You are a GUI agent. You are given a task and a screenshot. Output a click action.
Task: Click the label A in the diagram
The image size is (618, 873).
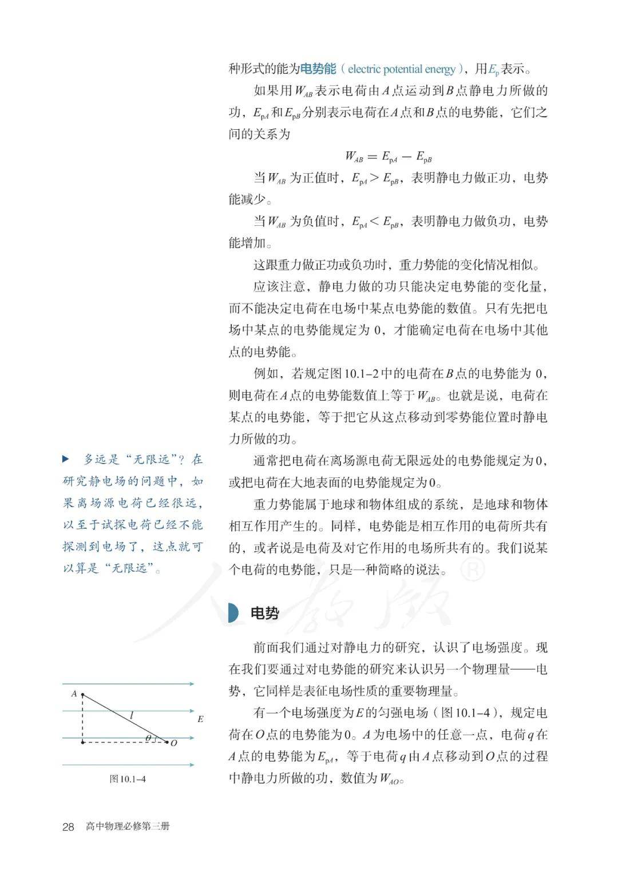[x=74, y=693]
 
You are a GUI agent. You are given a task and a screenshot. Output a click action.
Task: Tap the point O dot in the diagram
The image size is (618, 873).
[x=167, y=743]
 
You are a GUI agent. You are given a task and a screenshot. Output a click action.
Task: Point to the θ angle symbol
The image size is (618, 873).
[x=148, y=738]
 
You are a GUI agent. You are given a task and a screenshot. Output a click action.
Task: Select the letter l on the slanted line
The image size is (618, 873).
[x=132, y=714]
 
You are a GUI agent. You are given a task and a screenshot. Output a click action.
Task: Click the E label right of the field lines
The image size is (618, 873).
[x=200, y=719]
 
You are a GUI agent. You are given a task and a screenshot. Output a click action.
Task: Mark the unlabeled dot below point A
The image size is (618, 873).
[x=84, y=743]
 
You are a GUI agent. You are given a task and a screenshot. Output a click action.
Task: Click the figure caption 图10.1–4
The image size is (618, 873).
[x=128, y=779]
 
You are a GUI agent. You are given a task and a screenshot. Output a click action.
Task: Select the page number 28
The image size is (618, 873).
[x=68, y=827]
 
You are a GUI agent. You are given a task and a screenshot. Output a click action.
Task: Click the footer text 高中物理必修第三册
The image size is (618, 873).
[x=128, y=827]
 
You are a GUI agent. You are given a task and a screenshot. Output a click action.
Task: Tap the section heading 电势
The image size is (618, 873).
[x=265, y=613]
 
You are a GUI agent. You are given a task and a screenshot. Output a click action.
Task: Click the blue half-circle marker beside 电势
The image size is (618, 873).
[x=233, y=613]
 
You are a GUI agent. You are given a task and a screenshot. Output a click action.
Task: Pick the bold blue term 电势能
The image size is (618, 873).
[x=318, y=69]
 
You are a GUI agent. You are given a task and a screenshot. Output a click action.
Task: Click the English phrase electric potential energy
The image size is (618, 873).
[x=402, y=70]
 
